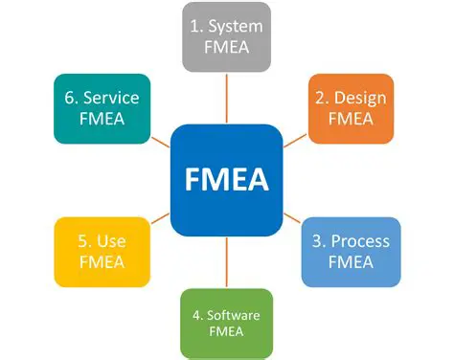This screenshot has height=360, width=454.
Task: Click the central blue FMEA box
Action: click(227, 179)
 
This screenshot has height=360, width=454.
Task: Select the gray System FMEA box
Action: click(226, 37)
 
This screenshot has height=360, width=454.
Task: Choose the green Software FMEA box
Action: click(227, 323)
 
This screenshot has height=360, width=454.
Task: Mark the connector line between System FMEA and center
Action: click(227, 98)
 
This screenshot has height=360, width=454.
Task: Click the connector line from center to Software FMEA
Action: click(227, 261)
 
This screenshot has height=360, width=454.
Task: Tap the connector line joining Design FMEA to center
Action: click(296, 139)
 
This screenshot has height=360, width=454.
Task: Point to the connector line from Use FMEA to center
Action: click(159, 219)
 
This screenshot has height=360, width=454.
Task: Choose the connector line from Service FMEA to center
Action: click(159, 140)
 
